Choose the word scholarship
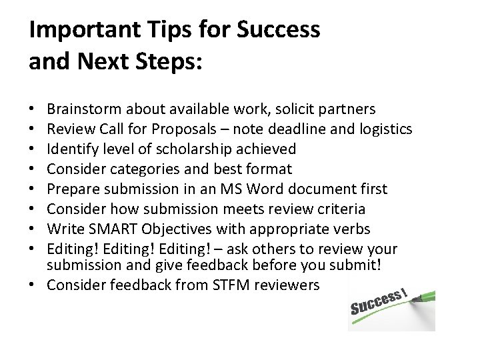click(195, 149)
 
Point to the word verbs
click(351, 229)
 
